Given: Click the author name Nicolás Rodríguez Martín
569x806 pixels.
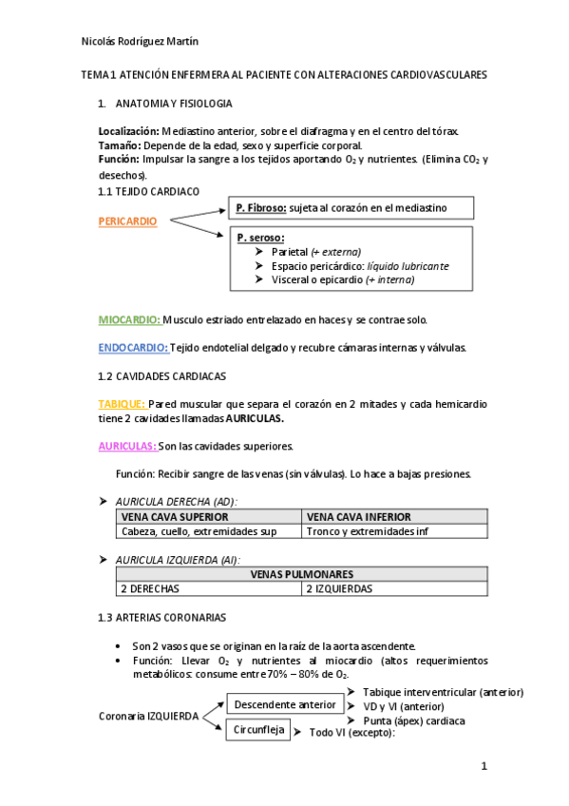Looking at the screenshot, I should point(140,41).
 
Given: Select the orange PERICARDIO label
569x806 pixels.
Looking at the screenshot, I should point(128,221).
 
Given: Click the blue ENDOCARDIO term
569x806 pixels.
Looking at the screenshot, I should point(133,348).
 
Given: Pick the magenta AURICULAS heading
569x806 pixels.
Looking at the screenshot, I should point(127,446).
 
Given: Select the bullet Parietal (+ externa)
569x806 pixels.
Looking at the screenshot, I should point(315,252).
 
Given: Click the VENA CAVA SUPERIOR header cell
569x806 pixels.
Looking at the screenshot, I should point(207,517).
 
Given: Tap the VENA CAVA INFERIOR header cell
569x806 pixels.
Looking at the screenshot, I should point(394,517).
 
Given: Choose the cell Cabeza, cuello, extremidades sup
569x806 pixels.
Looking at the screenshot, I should point(207,531).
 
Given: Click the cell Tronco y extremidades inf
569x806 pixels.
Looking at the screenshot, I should point(394,531).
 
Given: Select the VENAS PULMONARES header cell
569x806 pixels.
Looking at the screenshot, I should point(302,574).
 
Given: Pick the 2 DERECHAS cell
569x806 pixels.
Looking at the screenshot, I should point(209,588).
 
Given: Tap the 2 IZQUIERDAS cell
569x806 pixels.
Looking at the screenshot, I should point(394,588).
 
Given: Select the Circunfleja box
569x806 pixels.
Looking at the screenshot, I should point(258,730).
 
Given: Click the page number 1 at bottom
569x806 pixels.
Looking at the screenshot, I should point(484,766).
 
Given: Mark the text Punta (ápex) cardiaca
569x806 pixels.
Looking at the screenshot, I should point(413,720).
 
